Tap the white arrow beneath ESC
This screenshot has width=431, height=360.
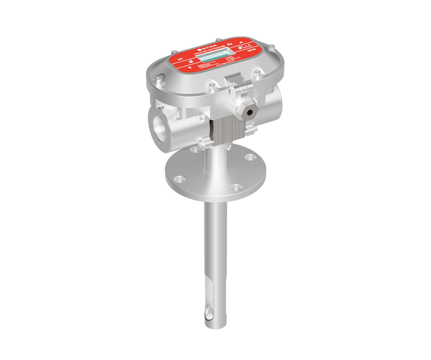tap(190, 68)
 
